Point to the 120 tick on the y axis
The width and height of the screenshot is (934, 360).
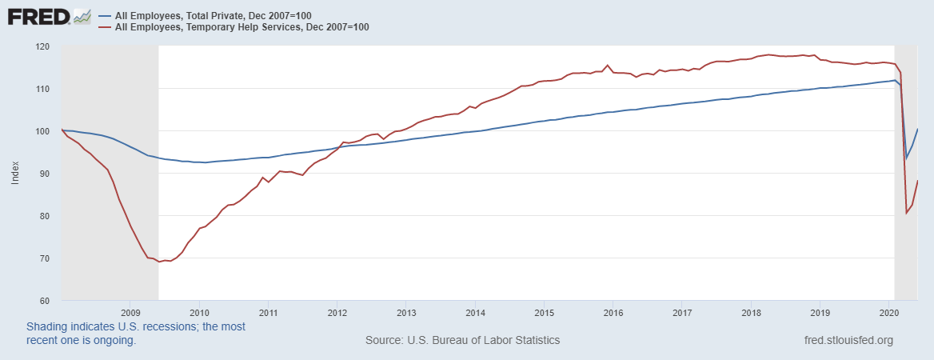[42, 46]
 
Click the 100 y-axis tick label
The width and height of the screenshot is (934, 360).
[42, 131]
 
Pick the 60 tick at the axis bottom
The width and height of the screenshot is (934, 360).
[45, 301]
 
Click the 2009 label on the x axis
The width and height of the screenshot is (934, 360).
[130, 312]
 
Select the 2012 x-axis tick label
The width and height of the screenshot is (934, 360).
[337, 312]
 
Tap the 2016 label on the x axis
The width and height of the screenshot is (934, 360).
[613, 312]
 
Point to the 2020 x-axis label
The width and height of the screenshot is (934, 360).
[890, 312]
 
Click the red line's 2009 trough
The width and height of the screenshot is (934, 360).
[159, 262]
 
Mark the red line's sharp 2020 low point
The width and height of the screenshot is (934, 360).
[906, 213]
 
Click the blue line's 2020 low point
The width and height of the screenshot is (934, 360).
[906, 158]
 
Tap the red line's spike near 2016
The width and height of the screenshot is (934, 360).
[608, 65]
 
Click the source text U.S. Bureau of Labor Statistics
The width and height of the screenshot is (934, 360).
[462, 340]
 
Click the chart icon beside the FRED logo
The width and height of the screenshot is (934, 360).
[82, 15]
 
